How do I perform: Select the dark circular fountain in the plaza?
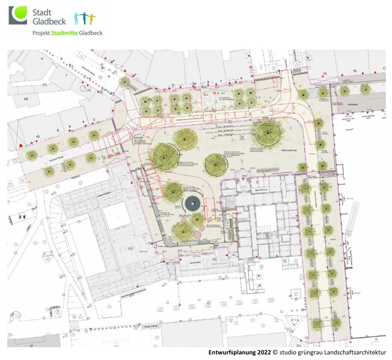tap(193, 203)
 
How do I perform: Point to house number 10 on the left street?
tap(37, 136)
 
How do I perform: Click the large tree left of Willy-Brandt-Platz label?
tap(266, 132)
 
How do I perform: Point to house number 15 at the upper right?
tap(355, 72)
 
